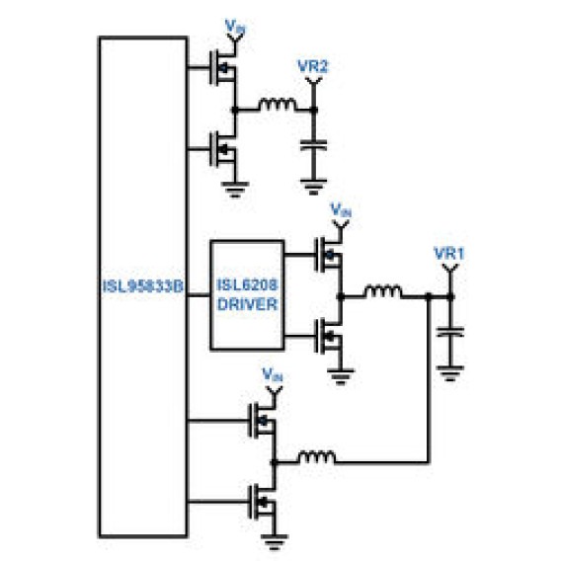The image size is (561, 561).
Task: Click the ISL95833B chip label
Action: point(143,286)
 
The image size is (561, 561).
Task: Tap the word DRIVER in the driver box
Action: point(248,304)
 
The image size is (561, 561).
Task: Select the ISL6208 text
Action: point(248,285)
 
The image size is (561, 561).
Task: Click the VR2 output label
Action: point(313,66)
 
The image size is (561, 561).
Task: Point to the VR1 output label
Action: point(449,254)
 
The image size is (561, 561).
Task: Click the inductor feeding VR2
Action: point(278,105)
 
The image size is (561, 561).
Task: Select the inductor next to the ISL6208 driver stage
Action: point(382,291)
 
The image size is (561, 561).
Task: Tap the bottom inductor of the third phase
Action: point(317,457)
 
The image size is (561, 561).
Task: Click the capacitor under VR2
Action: point(313,145)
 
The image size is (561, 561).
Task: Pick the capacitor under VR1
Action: point(450,332)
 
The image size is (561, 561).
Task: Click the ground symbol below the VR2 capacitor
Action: point(313,187)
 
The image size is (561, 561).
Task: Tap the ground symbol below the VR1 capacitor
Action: point(450,373)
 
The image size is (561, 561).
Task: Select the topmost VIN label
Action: point(235,28)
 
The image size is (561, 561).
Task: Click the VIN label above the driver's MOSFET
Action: point(341,210)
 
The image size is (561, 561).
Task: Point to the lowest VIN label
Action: point(273,374)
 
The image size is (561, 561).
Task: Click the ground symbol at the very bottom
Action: point(274,541)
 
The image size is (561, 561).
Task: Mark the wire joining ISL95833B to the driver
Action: point(199,295)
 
